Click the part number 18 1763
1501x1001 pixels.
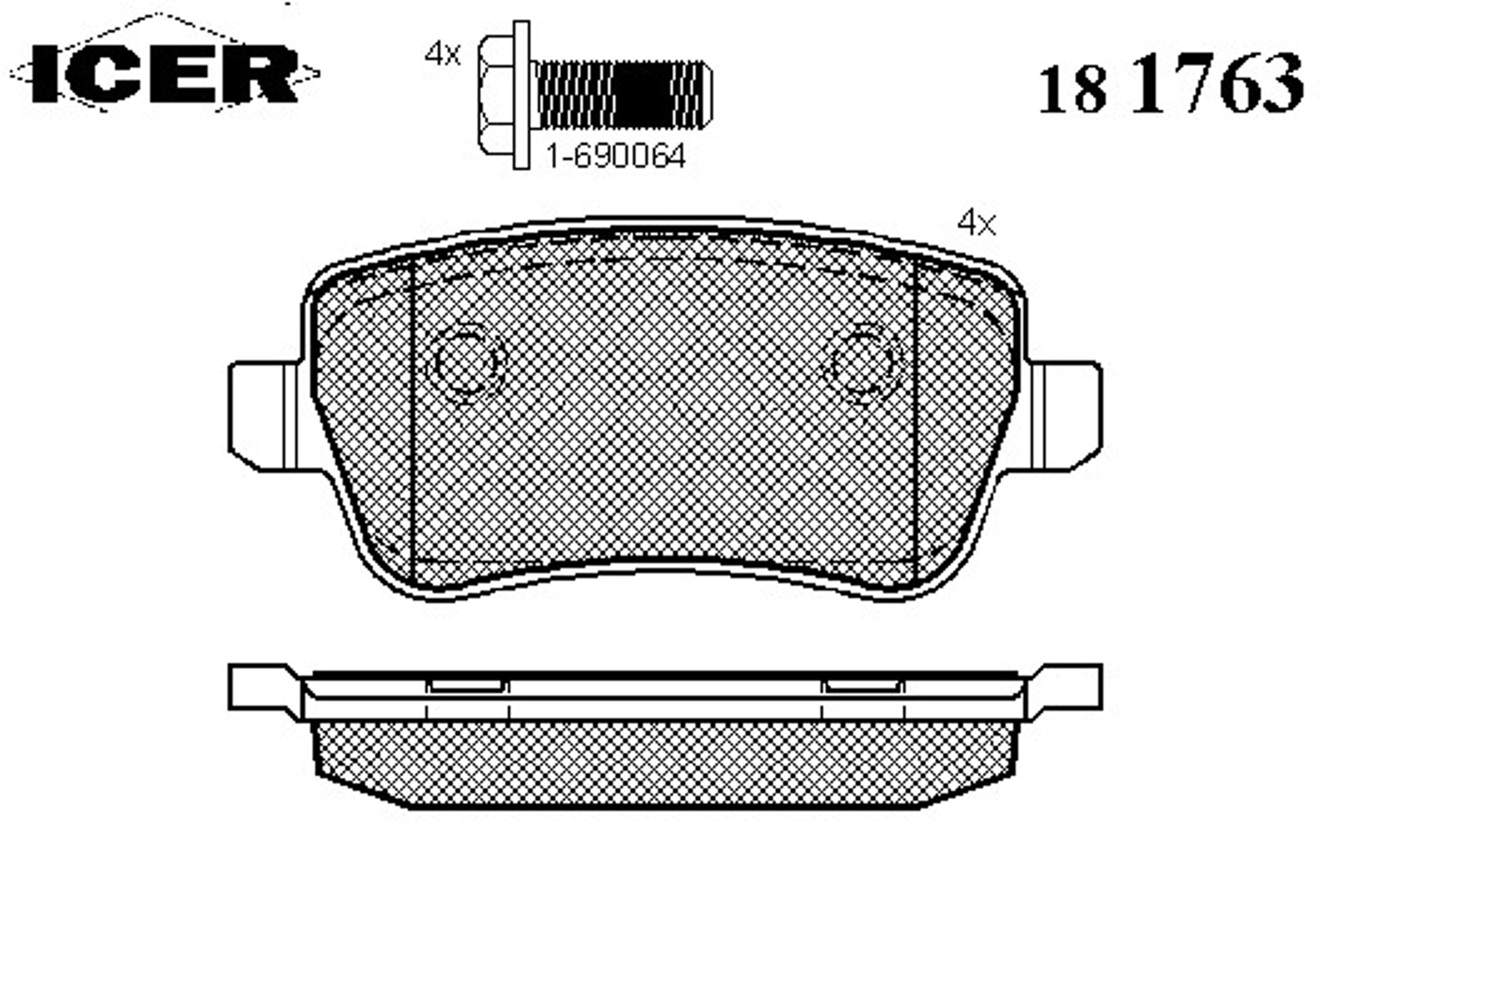(x=1170, y=83)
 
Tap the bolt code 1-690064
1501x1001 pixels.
(x=615, y=156)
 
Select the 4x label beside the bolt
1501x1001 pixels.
(x=442, y=54)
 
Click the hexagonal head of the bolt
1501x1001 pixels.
(x=496, y=95)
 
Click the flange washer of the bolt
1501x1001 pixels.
(x=522, y=95)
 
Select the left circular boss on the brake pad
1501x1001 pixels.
(x=465, y=363)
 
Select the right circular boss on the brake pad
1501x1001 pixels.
(x=864, y=363)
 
